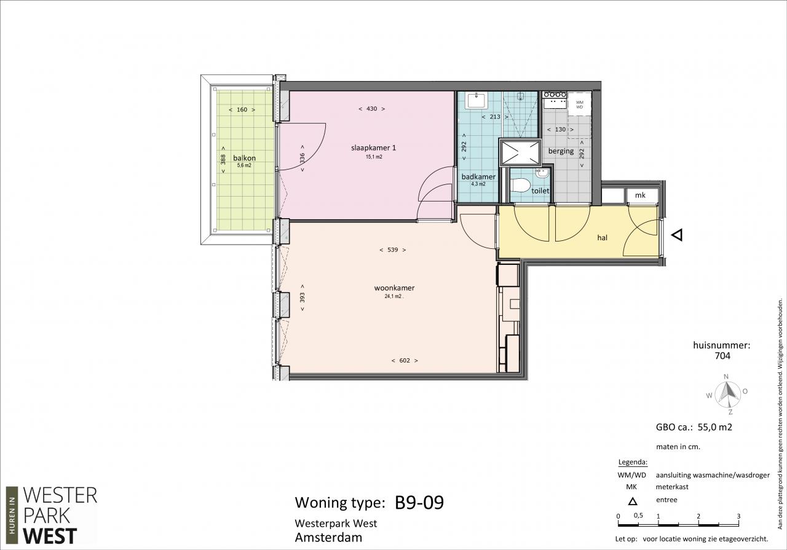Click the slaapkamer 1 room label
coord(373,148)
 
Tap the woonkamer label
coord(394,288)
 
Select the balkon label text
coord(244,158)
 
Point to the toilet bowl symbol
coord(520,186)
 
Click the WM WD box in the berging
coord(579,104)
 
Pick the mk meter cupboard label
coord(640,195)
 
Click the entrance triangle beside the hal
coord(677,235)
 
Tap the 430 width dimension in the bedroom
coord(372,109)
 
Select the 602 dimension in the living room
coord(405,360)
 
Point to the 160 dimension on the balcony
coord(242,110)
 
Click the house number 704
coord(722,356)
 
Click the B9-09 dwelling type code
coord(419,503)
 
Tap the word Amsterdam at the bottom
coord(328,538)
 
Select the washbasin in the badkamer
coord(476,100)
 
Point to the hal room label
coord(602,238)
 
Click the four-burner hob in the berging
coord(555,95)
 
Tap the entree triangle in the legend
coord(633,501)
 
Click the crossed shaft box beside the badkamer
coord(520,152)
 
